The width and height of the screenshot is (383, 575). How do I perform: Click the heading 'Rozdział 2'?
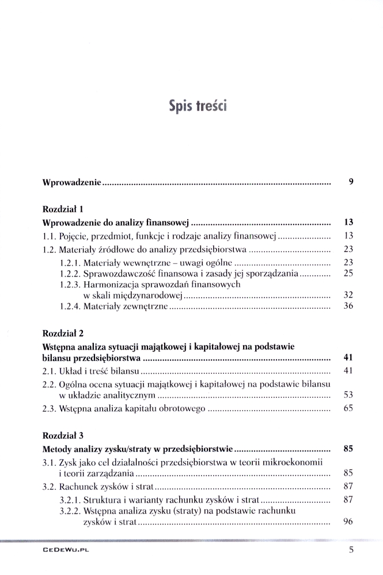[63, 333]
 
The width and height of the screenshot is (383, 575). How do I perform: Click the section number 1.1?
[50, 236]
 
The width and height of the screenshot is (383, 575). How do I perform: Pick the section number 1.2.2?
[70, 273]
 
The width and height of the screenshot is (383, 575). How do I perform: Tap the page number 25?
[347, 273]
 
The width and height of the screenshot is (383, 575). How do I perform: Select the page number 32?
[347, 295]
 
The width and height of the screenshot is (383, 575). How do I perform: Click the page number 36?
[347, 306]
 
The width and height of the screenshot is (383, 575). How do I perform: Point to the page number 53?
[347, 396]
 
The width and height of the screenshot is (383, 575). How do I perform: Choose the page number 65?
[347, 409]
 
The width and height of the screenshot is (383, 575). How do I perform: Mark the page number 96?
[347, 522]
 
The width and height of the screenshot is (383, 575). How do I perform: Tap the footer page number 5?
[351, 550]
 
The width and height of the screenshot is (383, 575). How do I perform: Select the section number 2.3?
[50, 409]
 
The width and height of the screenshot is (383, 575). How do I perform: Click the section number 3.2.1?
[70, 500]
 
